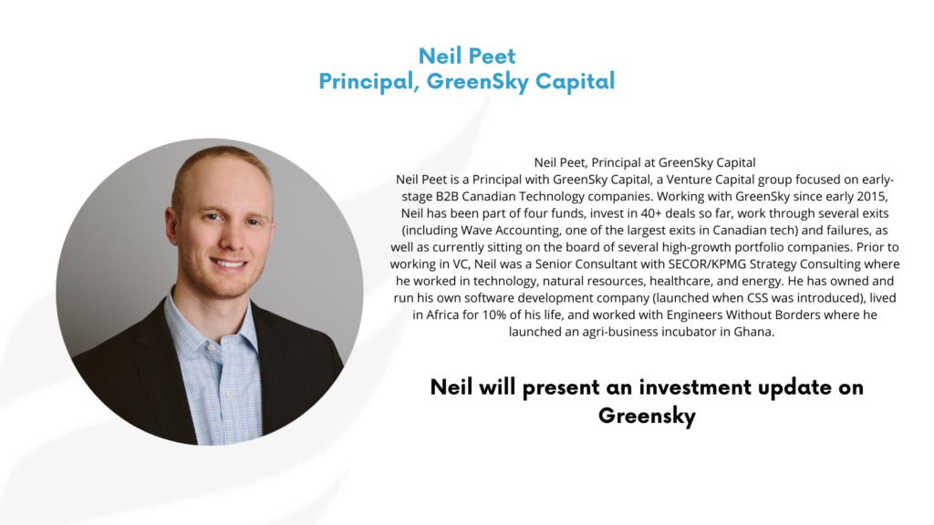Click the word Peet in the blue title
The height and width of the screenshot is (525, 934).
pos(492,56)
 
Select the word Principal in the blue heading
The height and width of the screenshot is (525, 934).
pos(366,81)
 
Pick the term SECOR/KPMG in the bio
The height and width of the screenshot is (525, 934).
pos(703,263)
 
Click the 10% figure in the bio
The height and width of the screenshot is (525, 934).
pos(493,314)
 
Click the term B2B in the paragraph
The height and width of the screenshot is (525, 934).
pos(447,197)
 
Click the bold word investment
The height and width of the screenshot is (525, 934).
pos(695,387)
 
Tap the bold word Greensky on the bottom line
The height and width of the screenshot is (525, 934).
pos(647,416)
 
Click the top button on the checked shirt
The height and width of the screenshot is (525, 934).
pos(210,347)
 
